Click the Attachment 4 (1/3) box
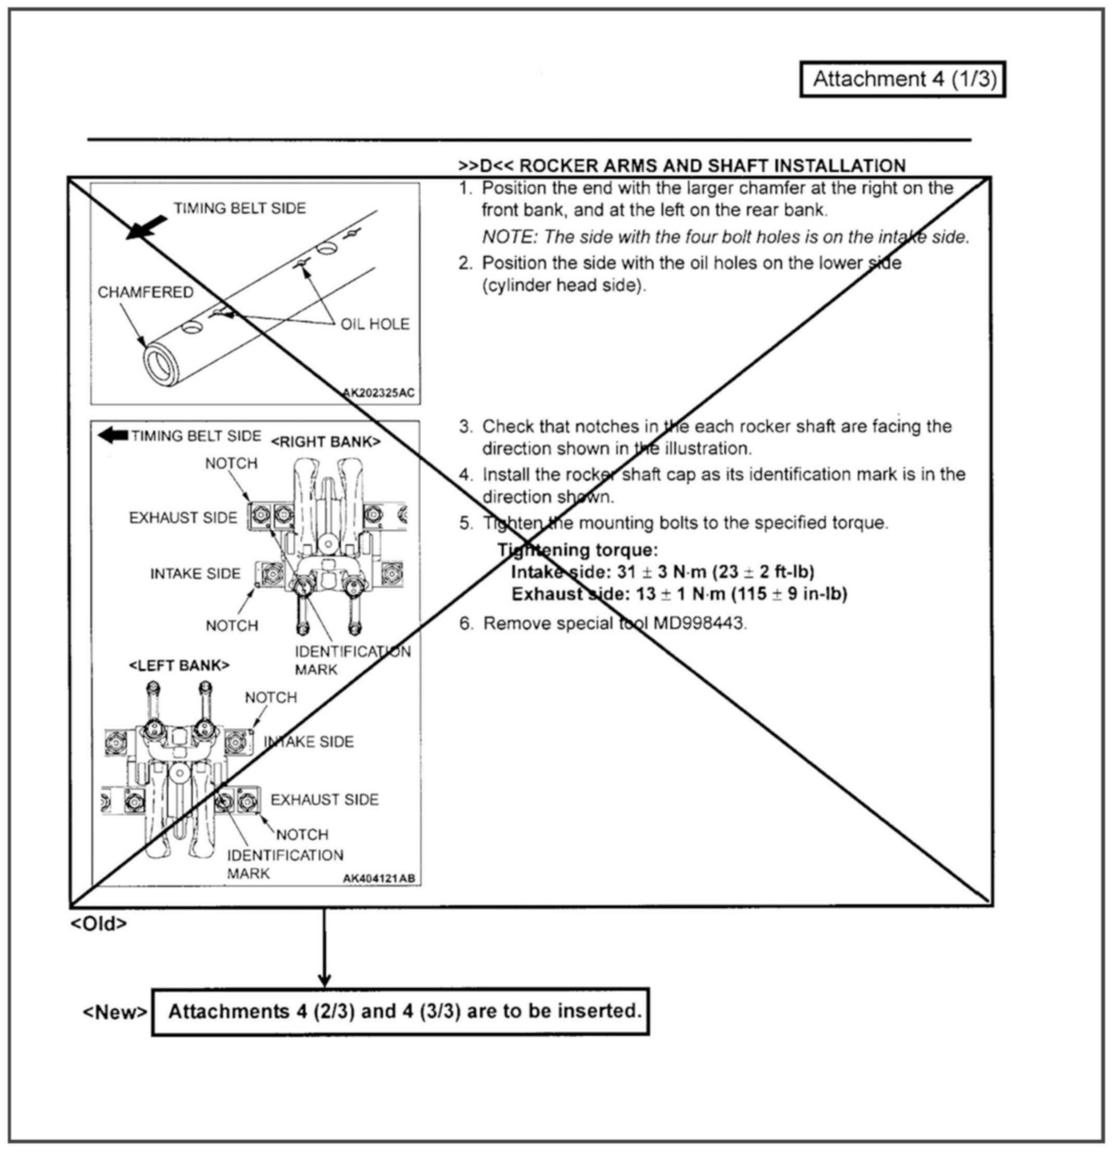click(x=902, y=79)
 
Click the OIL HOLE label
click(x=374, y=324)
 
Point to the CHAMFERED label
click(x=146, y=292)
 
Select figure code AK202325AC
click(x=379, y=392)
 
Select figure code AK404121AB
click(x=379, y=879)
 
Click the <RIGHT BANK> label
click(x=325, y=441)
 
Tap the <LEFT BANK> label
click(x=179, y=665)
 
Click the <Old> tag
click(x=98, y=924)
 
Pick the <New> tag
click(x=115, y=1012)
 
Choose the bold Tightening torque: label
click(x=578, y=550)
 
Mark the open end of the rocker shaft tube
click(x=160, y=364)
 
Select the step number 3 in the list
click(x=465, y=427)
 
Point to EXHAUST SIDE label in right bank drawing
click(x=183, y=518)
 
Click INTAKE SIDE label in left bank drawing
click(x=308, y=742)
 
